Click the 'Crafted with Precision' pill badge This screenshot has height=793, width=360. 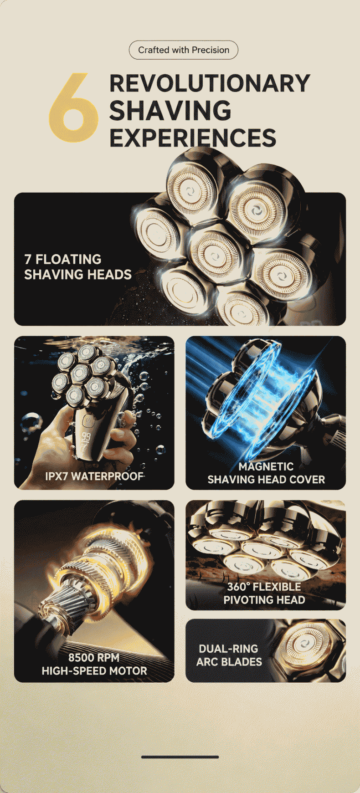[183, 50]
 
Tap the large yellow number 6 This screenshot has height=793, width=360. [74, 108]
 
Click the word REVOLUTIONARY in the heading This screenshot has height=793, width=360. [210, 83]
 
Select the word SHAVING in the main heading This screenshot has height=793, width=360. [170, 111]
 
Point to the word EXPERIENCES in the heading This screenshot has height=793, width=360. [193, 138]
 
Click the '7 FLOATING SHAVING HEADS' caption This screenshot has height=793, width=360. [77, 267]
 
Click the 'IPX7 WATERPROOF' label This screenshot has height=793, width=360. [94, 476]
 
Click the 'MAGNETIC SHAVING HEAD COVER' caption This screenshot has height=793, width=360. [266, 473]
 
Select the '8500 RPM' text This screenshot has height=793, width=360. [94, 658]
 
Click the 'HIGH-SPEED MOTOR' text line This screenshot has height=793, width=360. [94, 671]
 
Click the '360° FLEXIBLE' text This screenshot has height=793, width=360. [264, 587]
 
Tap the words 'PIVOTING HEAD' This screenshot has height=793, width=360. [264, 600]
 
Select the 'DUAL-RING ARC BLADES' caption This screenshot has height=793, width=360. [229, 655]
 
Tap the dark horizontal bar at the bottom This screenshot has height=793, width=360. [180, 757]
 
